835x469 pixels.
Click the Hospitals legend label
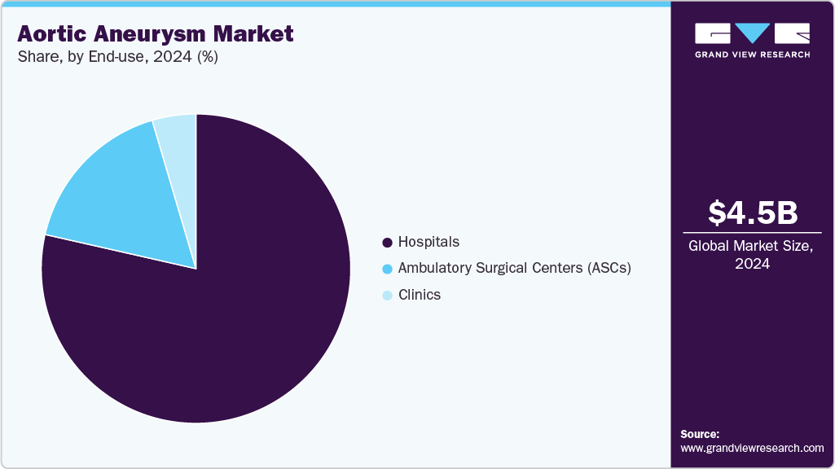[428, 242]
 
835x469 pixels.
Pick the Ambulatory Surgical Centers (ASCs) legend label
[514, 268]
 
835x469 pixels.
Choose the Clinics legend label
[419, 295]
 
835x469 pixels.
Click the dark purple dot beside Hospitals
[387, 243]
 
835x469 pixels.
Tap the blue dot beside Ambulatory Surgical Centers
[387, 269]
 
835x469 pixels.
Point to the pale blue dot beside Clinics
[387, 296]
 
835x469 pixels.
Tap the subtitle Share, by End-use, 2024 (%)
[117, 58]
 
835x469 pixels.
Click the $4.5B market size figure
[752, 213]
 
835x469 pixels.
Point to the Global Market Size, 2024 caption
[752, 254]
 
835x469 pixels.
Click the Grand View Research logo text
[752, 55]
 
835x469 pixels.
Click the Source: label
[700, 434]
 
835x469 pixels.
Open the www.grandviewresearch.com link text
[752, 448]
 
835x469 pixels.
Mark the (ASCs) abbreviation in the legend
[609, 268]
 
